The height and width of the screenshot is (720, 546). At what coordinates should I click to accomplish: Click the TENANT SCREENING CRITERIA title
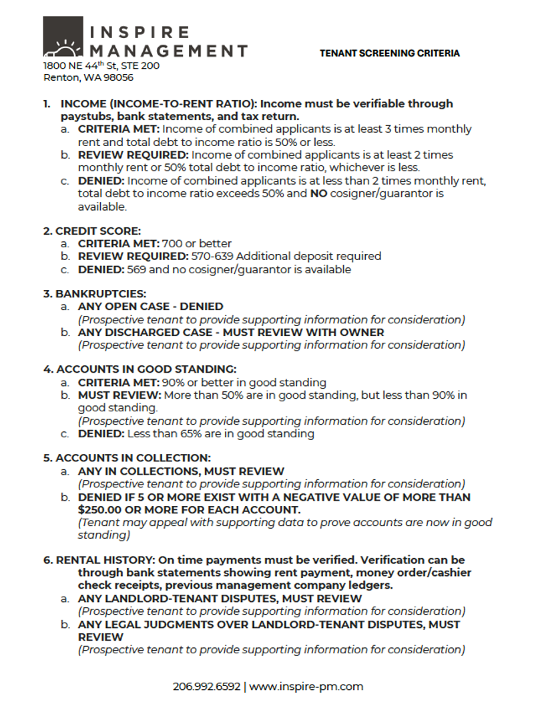coord(389,53)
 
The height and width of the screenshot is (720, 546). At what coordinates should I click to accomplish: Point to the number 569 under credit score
coord(138,269)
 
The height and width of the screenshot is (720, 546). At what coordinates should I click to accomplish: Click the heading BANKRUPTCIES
coord(100,293)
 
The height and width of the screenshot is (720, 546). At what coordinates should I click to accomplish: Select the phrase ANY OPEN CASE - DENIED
coord(150,307)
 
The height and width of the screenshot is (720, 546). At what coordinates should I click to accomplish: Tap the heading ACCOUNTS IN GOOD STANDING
coord(146,369)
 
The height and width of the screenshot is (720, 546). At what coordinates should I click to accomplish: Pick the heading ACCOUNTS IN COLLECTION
coord(133,458)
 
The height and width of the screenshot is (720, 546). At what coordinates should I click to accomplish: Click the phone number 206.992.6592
coord(206,686)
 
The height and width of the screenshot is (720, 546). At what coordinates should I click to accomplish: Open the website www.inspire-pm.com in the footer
coord(306,686)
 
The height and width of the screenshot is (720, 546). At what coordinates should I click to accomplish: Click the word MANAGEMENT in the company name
coord(168,51)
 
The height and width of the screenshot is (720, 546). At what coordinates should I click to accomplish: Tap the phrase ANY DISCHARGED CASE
coord(138,332)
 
